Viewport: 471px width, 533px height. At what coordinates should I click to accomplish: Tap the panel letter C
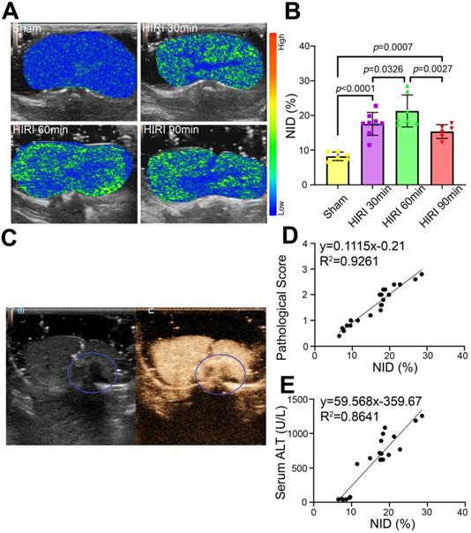[x=13, y=238]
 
